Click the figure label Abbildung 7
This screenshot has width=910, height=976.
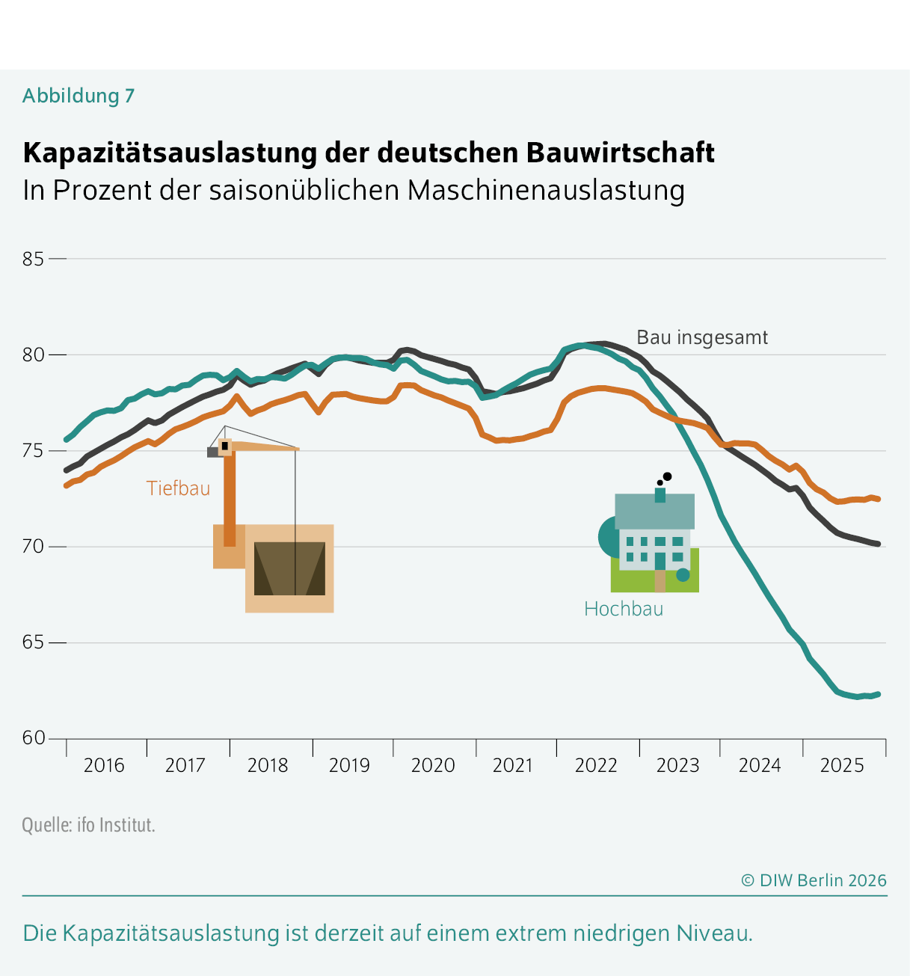click(x=79, y=96)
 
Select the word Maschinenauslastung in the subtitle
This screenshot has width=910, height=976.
click(x=546, y=190)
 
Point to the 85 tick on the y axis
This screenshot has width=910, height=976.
click(x=34, y=259)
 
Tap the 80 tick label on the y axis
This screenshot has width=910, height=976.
click(x=34, y=355)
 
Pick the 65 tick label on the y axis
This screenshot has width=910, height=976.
click(x=34, y=642)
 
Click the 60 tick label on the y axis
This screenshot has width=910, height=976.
click(x=34, y=738)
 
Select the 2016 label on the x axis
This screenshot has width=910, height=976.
click(x=104, y=765)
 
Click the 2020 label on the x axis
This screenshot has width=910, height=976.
click(x=433, y=765)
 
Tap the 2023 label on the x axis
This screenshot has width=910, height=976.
click(x=677, y=765)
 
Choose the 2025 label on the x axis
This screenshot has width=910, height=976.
click(x=842, y=765)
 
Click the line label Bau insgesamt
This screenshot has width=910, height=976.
click(x=701, y=337)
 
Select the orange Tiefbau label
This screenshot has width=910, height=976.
click(x=178, y=488)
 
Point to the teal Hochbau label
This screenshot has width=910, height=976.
click(x=624, y=609)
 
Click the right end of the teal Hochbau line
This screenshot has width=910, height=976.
click(x=878, y=694)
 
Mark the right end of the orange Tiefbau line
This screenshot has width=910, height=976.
click(x=878, y=499)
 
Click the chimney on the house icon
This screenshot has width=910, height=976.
click(x=660, y=495)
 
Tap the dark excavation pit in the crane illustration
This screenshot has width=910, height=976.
click(x=289, y=568)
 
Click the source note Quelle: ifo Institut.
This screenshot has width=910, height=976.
click(x=88, y=825)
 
